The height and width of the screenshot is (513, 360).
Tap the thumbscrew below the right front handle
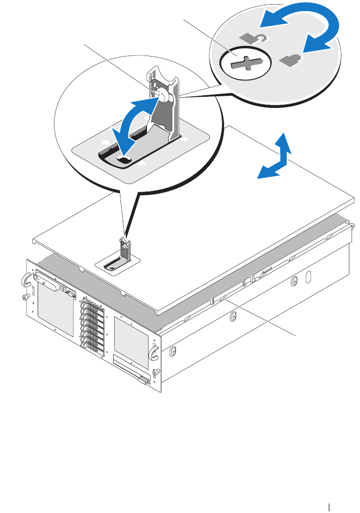(x=155, y=372)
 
